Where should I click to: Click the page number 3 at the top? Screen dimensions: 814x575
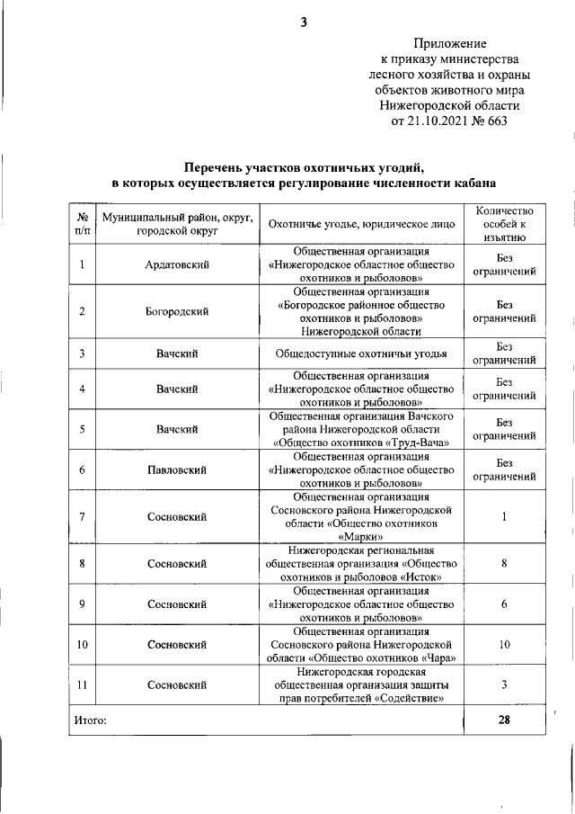pos(304,22)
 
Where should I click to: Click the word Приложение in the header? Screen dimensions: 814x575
pos(450,42)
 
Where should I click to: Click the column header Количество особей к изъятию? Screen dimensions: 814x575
pos(504,223)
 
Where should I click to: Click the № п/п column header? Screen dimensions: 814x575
pos(82,223)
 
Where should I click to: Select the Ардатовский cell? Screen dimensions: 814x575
pos(177,264)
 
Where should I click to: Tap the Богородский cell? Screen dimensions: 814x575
pos(177,311)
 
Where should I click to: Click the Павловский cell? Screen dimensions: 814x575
pos(177,470)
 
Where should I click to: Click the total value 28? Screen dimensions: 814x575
pos(504,720)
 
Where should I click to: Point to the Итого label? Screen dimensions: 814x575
pos(90,720)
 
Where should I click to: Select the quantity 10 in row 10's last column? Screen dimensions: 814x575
pos(504,645)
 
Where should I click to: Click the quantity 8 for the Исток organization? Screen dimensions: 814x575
pos(504,564)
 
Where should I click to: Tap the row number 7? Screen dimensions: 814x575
pos(82,517)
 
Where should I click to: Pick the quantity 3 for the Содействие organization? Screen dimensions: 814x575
pos(504,685)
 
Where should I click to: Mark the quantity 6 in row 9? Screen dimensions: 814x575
pos(504,604)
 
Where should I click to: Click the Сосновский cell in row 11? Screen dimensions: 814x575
pos(177,685)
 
